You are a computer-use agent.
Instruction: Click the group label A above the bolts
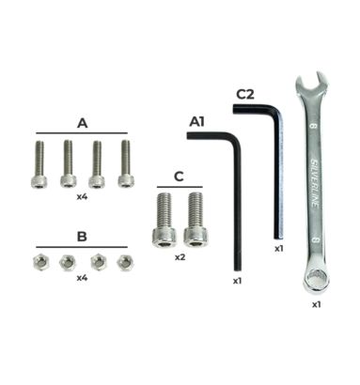82,123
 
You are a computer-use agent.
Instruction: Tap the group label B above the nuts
82,237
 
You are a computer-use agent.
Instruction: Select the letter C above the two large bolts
179,177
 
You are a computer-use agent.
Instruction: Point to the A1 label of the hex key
196,122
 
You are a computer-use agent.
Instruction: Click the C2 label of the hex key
244,94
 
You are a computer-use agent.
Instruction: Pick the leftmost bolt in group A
39,164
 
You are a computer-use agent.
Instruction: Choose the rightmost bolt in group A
126,163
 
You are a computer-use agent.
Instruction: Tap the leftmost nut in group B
41,262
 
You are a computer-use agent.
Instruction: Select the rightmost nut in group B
125,263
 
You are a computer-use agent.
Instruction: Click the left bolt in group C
164,220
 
